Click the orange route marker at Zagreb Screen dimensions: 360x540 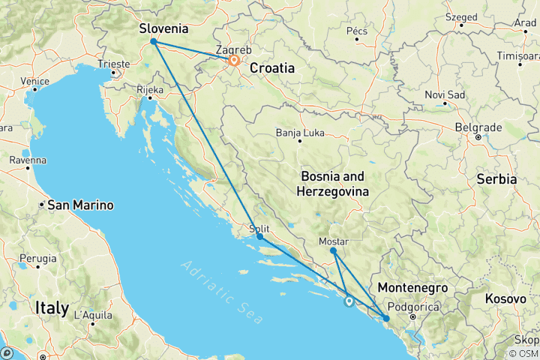point(234,61)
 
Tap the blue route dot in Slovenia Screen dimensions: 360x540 point(154,42)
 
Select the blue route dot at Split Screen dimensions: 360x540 point(259,237)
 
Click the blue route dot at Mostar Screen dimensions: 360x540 point(333,251)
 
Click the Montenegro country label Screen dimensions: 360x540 point(413,288)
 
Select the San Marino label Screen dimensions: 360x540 point(80,205)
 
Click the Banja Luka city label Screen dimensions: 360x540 point(299,131)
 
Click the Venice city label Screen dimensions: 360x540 point(34,80)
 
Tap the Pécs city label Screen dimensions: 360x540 point(356,31)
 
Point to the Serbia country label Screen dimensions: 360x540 point(496,179)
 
